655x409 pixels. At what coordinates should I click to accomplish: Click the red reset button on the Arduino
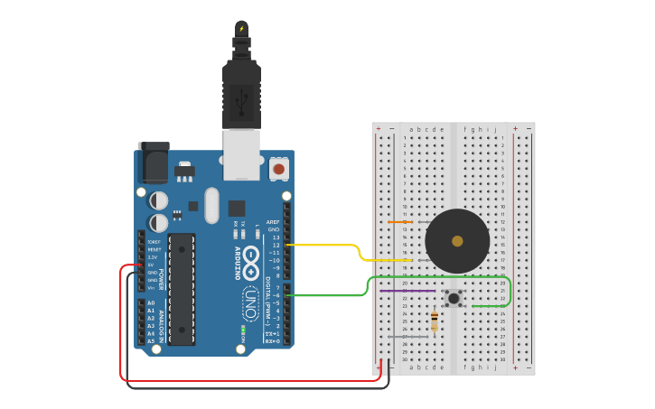pyautogui.click(x=279, y=169)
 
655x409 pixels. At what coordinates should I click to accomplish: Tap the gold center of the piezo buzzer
pyautogui.click(x=457, y=241)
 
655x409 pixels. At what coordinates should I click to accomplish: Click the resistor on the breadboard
pyautogui.click(x=435, y=321)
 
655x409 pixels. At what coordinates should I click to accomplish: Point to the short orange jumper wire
pyautogui.click(x=399, y=221)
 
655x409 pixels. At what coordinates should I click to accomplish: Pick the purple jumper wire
pyautogui.click(x=407, y=291)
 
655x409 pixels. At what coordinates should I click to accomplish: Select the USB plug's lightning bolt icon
pyautogui.click(x=241, y=30)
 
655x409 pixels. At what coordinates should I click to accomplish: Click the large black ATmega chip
pyautogui.click(x=181, y=289)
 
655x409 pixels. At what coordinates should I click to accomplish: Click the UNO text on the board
pyautogui.click(x=250, y=298)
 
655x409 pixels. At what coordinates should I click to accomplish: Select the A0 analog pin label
pyautogui.click(x=151, y=303)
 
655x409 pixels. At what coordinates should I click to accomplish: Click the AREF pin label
pyautogui.click(x=273, y=222)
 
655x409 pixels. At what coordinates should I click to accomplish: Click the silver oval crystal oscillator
pyautogui.click(x=211, y=205)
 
